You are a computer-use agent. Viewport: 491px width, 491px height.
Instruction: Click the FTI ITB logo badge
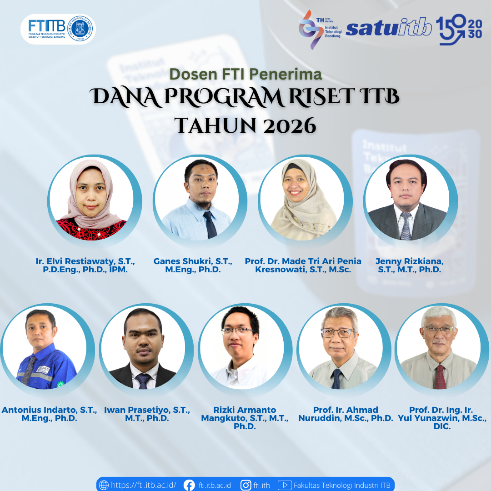pos(58,29)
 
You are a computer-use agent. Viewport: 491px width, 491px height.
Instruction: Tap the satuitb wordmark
pos(389,28)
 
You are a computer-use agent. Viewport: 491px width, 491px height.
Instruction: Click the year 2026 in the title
pos(289,126)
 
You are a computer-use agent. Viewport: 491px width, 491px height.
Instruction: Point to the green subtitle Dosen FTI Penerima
pos(245,74)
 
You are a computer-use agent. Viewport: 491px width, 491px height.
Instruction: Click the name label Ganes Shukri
pos(193,265)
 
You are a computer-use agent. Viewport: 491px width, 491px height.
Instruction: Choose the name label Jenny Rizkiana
pos(409,265)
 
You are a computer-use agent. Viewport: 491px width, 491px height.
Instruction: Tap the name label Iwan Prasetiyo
pos(147,414)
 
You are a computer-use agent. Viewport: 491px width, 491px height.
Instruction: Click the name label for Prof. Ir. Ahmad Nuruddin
pos(346,414)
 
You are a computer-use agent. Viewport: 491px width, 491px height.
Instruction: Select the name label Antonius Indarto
pos(49,414)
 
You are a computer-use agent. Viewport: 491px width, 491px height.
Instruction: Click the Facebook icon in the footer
pos(189,485)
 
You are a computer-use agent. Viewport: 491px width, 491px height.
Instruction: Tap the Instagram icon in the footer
pos(246,485)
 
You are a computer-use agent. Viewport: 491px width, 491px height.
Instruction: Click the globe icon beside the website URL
pos(104,485)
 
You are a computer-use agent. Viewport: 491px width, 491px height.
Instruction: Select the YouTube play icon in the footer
pos(285,485)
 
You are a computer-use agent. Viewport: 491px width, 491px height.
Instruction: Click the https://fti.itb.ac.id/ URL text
pos(144,485)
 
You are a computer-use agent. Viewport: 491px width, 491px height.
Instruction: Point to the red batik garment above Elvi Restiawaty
pos(91,229)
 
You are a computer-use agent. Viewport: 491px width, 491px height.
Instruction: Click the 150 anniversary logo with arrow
pos(459,30)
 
